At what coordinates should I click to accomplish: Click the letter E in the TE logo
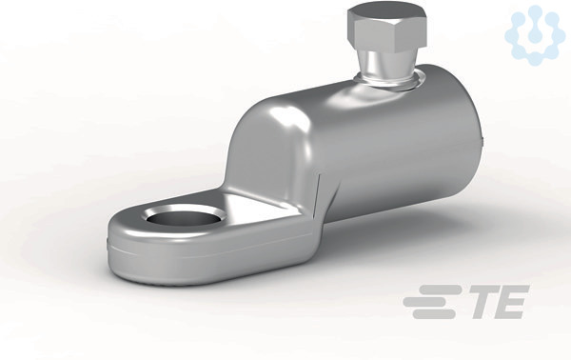[x=513, y=302]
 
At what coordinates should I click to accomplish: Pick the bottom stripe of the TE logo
[x=434, y=313]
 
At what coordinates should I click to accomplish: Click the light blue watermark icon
[x=532, y=34]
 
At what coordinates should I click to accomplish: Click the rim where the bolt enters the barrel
[x=389, y=82]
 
